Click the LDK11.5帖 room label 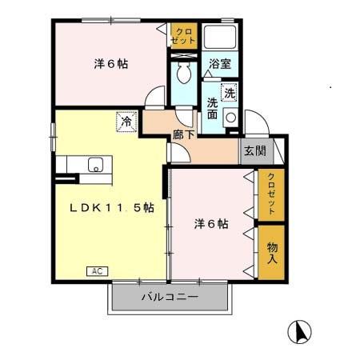111,206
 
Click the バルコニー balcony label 170,298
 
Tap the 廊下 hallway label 182,136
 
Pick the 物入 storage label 270,253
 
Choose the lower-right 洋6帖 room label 211,224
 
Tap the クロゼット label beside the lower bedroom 270,194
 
